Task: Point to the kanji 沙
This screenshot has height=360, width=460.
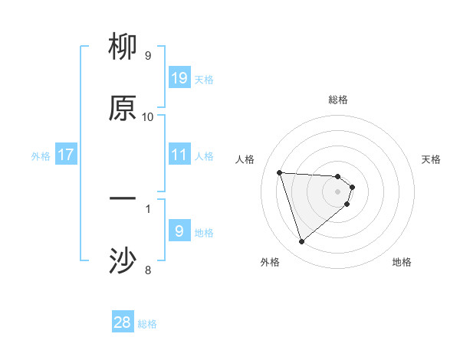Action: click(123, 261)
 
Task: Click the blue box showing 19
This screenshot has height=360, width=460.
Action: click(179, 78)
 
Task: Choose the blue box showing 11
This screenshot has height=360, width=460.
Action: click(179, 155)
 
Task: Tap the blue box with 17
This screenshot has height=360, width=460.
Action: click(66, 155)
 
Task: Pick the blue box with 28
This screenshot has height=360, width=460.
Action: click(123, 322)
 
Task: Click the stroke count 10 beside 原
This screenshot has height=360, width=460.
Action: click(148, 116)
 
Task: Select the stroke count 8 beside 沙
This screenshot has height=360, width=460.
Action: click(148, 270)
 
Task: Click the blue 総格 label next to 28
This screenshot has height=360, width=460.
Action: click(147, 324)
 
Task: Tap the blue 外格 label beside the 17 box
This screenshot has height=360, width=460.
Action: click(41, 156)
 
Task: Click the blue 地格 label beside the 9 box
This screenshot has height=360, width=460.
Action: click(204, 233)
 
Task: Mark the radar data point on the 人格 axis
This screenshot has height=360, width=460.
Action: click(280, 172)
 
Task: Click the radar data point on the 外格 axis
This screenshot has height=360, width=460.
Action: click(301, 242)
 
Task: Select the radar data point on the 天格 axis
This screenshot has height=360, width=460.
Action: click(352, 186)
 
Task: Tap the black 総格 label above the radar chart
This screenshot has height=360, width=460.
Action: click(338, 100)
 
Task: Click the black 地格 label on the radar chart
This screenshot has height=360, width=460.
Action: click(402, 262)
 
